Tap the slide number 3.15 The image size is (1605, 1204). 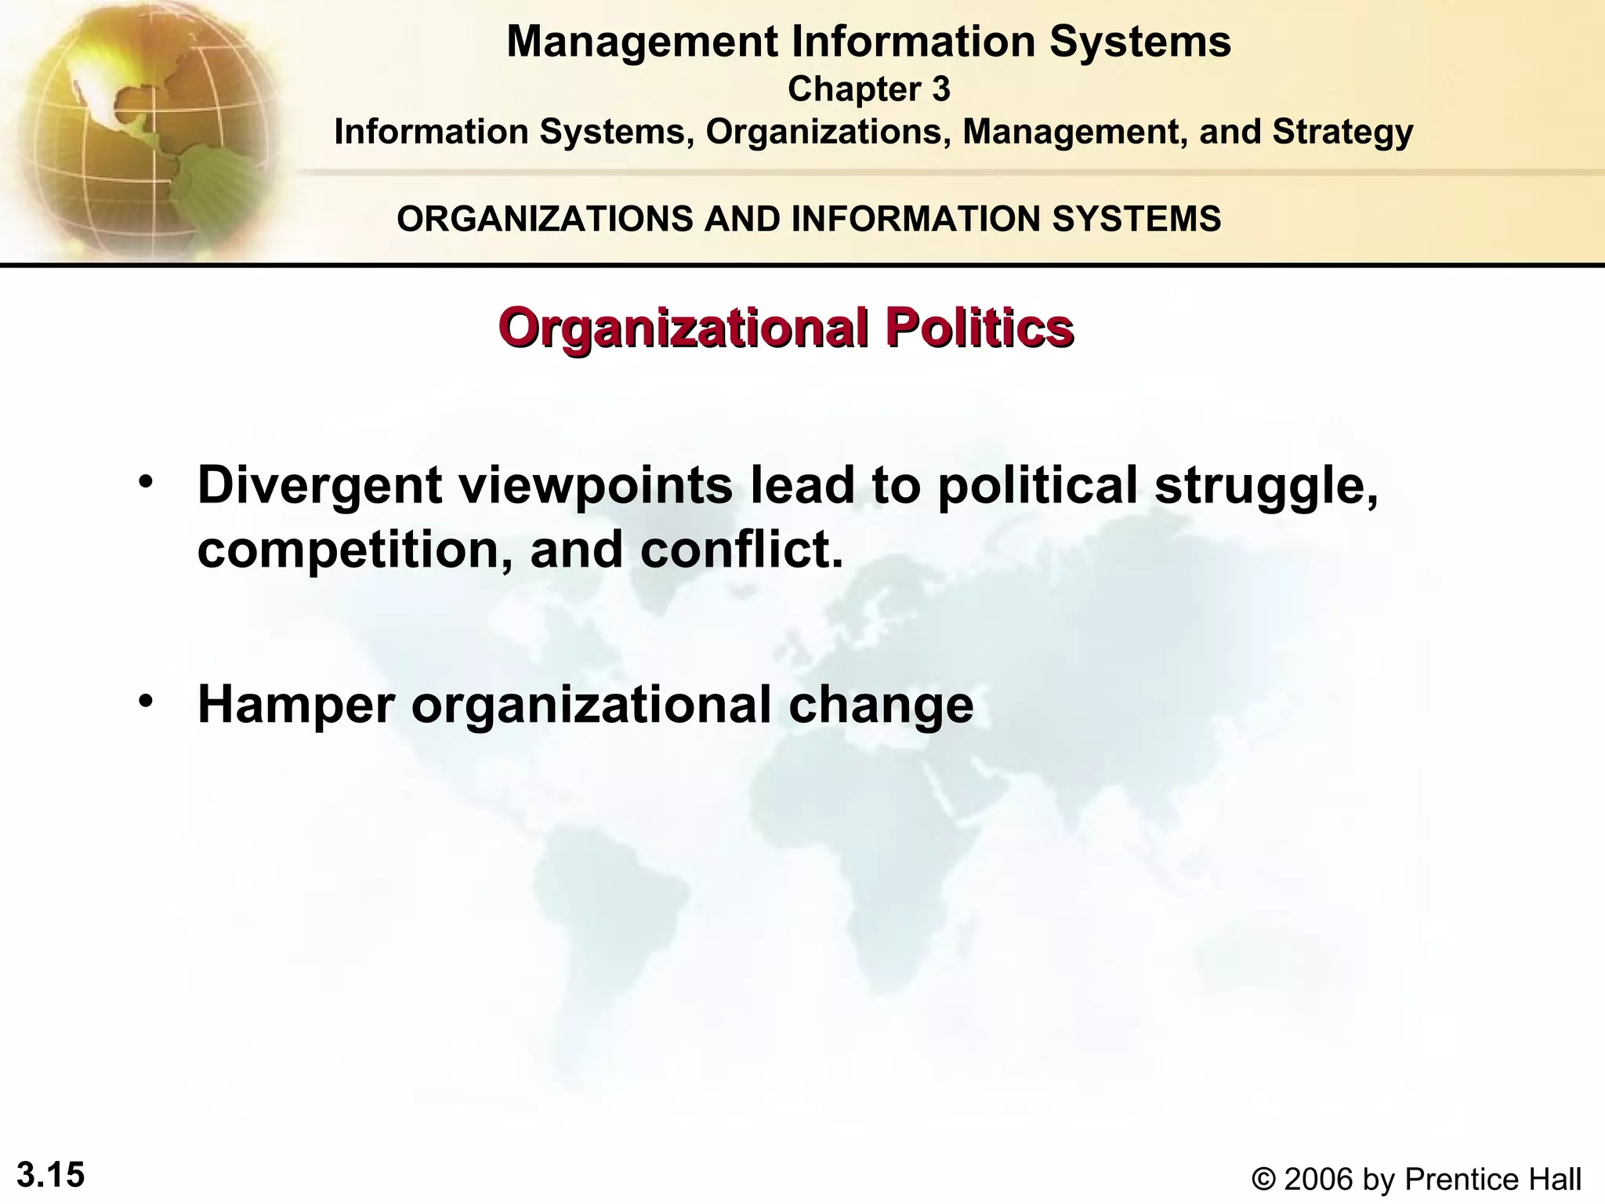[x=50, y=1176]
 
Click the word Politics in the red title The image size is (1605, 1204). [x=979, y=328]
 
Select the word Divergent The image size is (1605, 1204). [x=320, y=486]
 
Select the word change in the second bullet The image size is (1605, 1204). [x=881, y=705]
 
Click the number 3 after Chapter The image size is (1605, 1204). [x=940, y=89]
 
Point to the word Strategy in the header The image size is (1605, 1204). [x=1342, y=132]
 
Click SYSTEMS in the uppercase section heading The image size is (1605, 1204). [x=1136, y=219]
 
